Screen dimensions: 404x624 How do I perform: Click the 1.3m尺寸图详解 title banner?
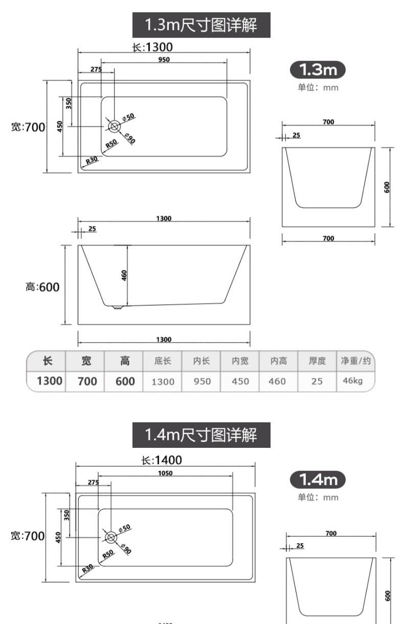pyautogui.click(x=201, y=25)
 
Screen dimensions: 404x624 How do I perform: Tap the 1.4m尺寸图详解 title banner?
pyautogui.click(x=201, y=435)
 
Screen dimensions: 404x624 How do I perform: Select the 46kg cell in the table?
pyautogui.click(x=353, y=380)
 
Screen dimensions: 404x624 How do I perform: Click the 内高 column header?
pyautogui.click(x=278, y=361)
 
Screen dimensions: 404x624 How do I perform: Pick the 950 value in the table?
pyautogui.click(x=202, y=381)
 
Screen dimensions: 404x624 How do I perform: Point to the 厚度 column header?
pyautogui.click(x=317, y=361)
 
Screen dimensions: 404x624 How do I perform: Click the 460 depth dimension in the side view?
pyautogui.click(x=124, y=275)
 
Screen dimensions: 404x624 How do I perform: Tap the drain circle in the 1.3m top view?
pyautogui.click(x=114, y=127)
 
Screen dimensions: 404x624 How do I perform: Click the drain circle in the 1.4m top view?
pyautogui.click(x=111, y=537)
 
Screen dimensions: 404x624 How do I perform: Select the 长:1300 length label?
pyautogui.click(x=152, y=47)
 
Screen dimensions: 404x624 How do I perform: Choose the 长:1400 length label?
pyautogui.click(x=162, y=460)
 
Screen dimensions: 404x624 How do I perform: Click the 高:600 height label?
pyautogui.click(x=42, y=287)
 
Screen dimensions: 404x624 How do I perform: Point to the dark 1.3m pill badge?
pyautogui.click(x=318, y=69)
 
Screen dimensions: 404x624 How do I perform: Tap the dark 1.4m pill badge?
pyautogui.click(x=318, y=479)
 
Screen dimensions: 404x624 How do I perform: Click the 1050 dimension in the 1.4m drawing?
pyautogui.click(x=165, y=473)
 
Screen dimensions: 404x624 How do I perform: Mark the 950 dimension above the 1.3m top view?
pyautogui.click(x=164, y=59)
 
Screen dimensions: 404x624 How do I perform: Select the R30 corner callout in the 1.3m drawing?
pyautogui.click(x=92, y=160)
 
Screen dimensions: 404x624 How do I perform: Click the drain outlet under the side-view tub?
pyautogui.click(x=117, y=307)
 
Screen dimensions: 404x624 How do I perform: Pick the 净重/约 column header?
pyautogui.click(x=356, y=361)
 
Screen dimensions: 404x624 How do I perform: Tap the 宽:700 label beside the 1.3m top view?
pyautogui.click(x=28, y=127)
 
